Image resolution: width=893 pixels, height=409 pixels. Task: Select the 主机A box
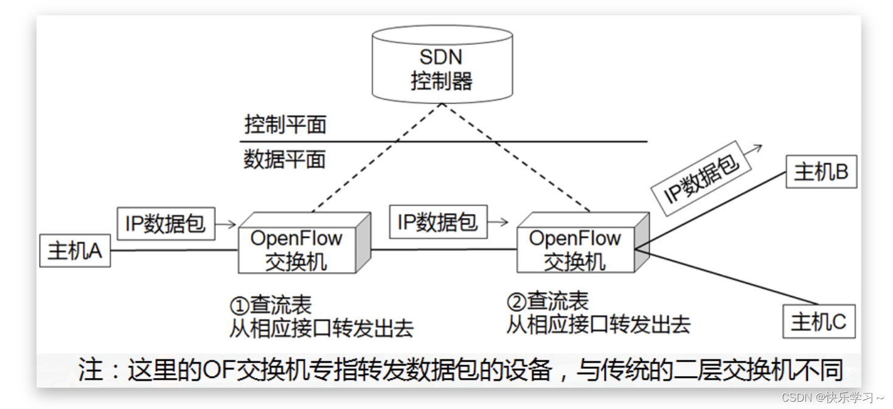coord(75,251)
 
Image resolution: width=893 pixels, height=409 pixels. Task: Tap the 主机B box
coord(821,172)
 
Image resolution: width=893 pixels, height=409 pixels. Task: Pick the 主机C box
coord(818,321)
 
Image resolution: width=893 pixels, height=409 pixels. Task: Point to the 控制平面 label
coord(285,124)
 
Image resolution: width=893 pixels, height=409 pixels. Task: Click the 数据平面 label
coord(285,159)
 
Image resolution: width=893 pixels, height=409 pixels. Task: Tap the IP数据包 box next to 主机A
coord(165,223)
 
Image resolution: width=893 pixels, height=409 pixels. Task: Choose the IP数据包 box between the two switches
coord(437,222)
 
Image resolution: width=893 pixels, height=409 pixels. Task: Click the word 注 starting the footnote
coord(91,369)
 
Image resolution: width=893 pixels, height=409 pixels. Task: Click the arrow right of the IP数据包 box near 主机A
coord(226,224)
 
